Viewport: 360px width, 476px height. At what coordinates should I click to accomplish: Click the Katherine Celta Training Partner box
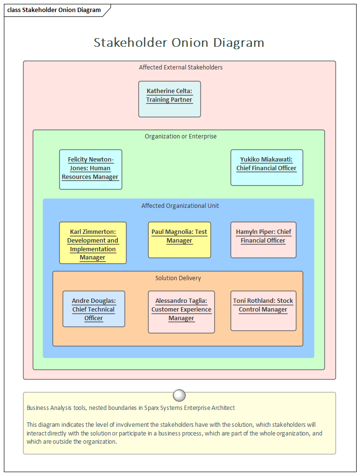(x=169, y=99)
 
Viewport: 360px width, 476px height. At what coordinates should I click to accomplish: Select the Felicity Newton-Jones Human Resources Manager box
(x=91, y=169)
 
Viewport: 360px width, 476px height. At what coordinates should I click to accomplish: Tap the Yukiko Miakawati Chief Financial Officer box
(x=266, y=167)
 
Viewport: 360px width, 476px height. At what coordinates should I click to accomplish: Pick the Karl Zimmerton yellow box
(x=93, y=243)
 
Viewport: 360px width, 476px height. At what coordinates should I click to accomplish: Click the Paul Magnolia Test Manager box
(x=179, y=240)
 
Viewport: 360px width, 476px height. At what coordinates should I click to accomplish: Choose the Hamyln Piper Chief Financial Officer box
(x=263, y=240)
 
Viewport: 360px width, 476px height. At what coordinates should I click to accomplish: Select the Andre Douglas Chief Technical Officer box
(x=94, y=309)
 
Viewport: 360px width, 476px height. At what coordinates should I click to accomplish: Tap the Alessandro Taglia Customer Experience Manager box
(x=181, y=312)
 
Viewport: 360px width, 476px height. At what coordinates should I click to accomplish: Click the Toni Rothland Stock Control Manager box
(x=263, y=311)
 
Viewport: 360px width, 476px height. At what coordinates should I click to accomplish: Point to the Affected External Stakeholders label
(x=180, y=68)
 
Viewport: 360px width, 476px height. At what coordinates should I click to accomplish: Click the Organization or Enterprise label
(x=180, y=136)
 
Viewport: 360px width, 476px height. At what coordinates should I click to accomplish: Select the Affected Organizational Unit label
(x=180, y=206)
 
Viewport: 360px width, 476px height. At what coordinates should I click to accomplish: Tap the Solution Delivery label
(x=178, y=278)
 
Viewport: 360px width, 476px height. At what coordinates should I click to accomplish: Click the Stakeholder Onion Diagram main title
(x=179, y=42)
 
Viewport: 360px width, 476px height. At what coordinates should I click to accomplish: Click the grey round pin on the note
(x=179, y=395)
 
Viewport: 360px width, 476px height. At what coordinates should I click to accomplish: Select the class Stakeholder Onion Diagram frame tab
(x=55, y=10)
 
